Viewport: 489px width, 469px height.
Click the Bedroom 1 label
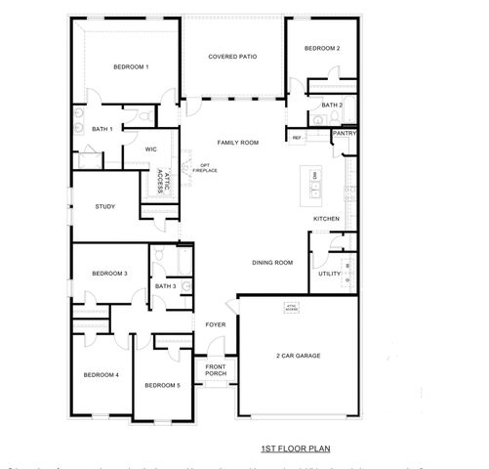(x=131, y=66)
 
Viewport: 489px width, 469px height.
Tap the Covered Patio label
(x=232, y=57)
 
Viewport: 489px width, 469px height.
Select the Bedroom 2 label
(x=321, y=49)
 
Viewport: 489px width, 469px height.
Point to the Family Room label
(x=237, y=143)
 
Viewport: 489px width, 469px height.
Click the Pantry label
(x=344, y=133)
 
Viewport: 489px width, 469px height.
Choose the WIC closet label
(x=151, y=149)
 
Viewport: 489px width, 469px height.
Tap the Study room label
(x=105, y=206)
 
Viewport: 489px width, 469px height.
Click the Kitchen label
(x=326, y=218)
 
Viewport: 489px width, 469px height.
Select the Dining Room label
(x=273, y=262)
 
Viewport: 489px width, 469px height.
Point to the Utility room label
(x=329, y=274)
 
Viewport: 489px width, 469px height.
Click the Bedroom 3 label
(x=110, y=274)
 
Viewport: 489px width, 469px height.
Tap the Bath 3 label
(x=165, y=286)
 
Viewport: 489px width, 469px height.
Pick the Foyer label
(x=216, y=324)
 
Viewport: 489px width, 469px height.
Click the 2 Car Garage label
(x=298, y=356)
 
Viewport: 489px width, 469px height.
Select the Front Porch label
(x=216, y=369)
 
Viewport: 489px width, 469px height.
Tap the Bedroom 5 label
(x=162, y=385)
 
